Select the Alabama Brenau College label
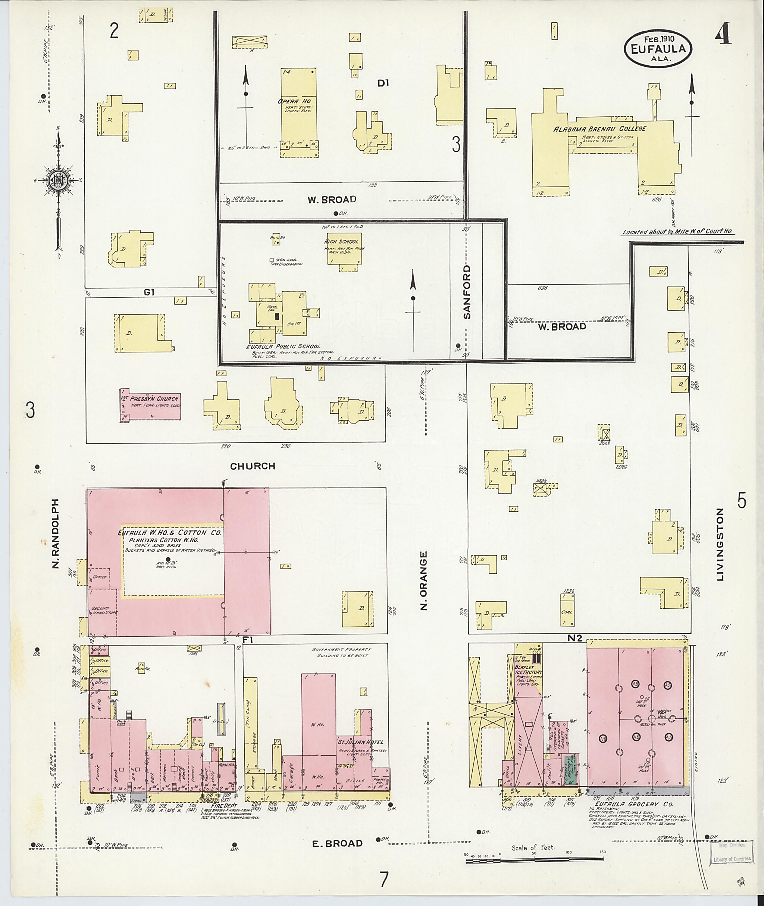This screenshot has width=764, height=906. (599, 129)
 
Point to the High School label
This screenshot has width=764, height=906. (341, 241)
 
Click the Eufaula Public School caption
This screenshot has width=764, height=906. (283, 346)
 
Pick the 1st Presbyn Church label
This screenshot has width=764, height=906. (150, 398)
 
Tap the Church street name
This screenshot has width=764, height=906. (253, 466)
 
